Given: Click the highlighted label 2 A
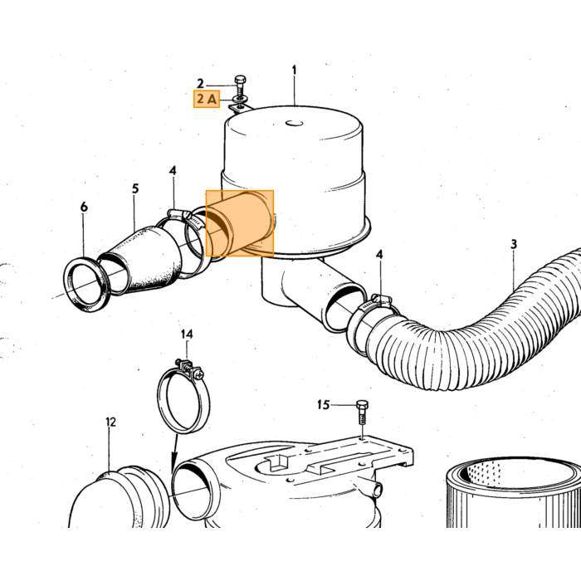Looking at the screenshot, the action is [207, 99].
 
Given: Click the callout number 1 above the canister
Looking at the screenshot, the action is [294, 70].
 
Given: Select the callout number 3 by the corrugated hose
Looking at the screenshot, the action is [514, 244].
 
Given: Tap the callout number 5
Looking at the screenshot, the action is [135, 188].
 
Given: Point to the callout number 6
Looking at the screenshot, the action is [84, 207].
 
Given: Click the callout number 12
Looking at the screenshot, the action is [110, 422].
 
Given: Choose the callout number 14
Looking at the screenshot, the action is [187, 334].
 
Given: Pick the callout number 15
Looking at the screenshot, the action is [323, 405].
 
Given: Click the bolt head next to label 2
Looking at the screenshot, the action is [240, 81].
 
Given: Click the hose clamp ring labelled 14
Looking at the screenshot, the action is [183, 397].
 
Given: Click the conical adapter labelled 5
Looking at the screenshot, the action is [140, 261].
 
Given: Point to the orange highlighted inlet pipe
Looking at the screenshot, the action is [240, 223].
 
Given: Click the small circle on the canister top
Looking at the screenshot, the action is [294, 124].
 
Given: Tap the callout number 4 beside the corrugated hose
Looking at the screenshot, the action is [379, 255].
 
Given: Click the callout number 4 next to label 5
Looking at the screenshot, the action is [173, 170].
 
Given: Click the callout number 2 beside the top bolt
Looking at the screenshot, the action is [200, 83].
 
